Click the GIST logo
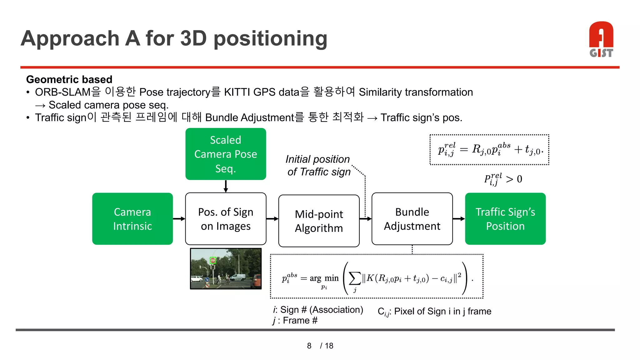click(x=601, y=39)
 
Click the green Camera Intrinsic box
click(x=132, y=219)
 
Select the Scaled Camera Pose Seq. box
click(x=226, y=154)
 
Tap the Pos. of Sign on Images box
click(x=226, y=219)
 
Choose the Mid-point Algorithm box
click(x=319, y=221)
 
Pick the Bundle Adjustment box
click(x=412, y=219)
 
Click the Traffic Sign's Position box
click(x=505, y=219)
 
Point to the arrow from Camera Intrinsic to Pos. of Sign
click(x=179, y=219)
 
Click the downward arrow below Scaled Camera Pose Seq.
click(x=226, y=186)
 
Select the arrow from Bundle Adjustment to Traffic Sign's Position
click(x=459, y=219)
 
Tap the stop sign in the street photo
click(x=213, y=260)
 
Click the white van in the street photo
click(x=237, y=277)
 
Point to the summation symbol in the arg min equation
click(x=355, y=278)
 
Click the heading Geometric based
click(x=69, y=79)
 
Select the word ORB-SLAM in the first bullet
click(x=62, y=92)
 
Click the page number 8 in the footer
click(x=309, y=346)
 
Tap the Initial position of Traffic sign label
click(x=318, y=165)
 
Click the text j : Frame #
click(x=295, y=321)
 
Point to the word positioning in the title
click(x=270, y=39)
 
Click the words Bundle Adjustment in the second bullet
click(x=250, y=117)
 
